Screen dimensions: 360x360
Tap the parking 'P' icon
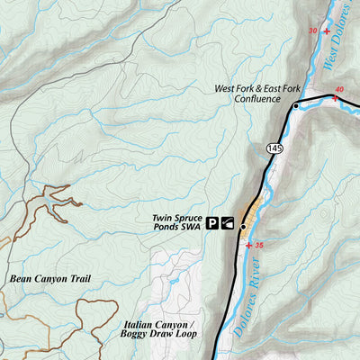pos(213,224)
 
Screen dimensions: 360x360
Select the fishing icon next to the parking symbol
pos(228,224)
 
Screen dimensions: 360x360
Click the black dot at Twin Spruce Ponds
pos(242,227)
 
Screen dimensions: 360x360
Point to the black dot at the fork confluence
pos(295,106)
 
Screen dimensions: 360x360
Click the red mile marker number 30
pos(312,31)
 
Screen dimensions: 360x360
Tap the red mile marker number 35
pos(259,245)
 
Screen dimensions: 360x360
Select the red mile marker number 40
pos(338,89)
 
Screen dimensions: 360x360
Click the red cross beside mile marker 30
pos(326,31)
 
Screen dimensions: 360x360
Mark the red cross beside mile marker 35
pos(248,245)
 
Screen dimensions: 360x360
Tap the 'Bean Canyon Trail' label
pos(50,279)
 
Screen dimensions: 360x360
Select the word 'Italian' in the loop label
pos(137,324)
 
